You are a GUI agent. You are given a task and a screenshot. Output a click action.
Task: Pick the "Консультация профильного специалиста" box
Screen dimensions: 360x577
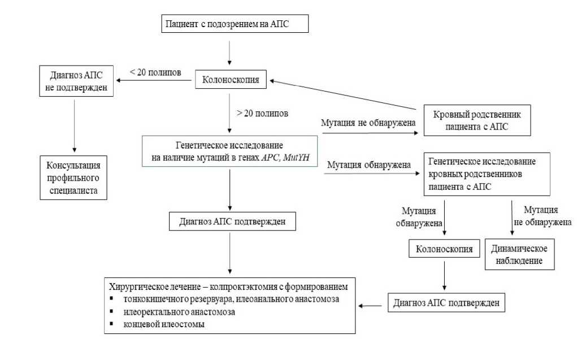(x=73, y=177)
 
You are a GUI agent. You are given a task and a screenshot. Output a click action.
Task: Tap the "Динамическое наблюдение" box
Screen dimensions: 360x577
(x=519, y=254)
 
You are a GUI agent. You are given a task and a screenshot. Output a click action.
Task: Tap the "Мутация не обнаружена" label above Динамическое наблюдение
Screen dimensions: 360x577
(x=541, y=216)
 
